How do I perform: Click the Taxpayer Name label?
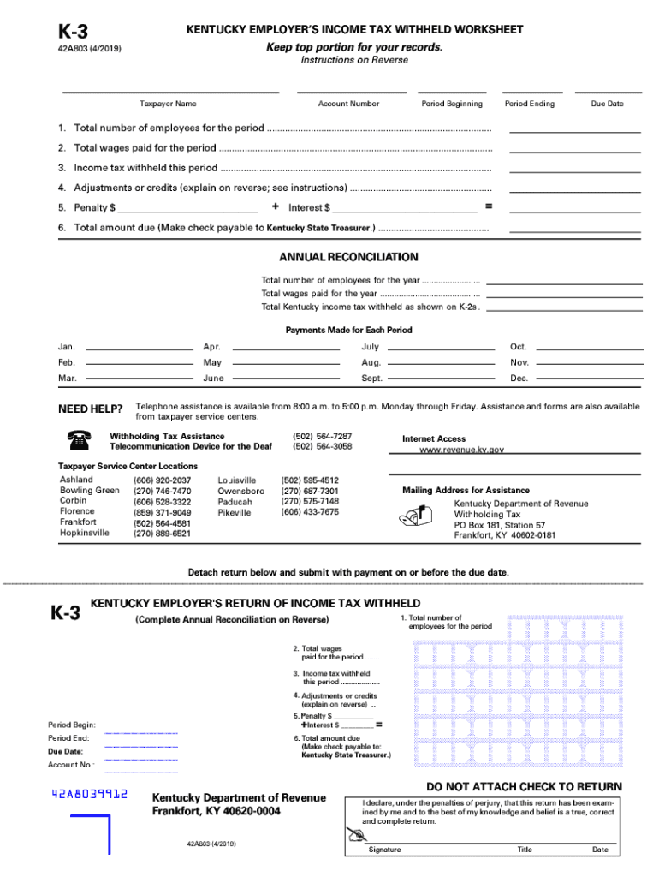coord(168,104)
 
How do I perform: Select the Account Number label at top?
coord(348,104)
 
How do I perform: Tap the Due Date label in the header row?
coord(607,104)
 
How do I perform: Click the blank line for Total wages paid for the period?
coord(574,149)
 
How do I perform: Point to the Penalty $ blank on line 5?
coord(188,208)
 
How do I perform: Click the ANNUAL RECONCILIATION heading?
coord(348,257)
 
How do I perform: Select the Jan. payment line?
coord(139,348)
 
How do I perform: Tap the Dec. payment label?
coord(519,379)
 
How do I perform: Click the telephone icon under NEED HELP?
coord(78,441)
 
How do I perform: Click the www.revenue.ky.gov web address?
coord(461,450)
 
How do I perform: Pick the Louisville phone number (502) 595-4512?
coord(310,480)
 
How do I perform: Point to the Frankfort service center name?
coord(78,522)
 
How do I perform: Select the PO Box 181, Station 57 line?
coord(499,525)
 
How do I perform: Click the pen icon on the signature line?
coord(355,835)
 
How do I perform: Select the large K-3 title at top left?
coord(73,33)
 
